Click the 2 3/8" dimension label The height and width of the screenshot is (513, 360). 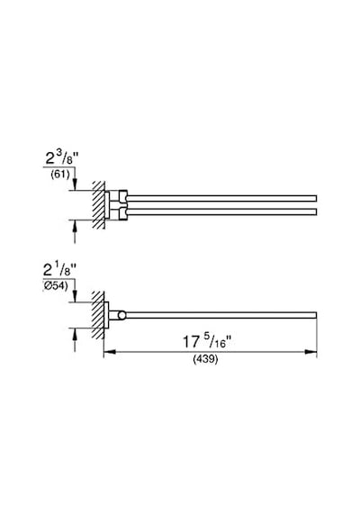tap(62, 158)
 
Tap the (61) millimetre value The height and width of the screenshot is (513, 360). tap(60, 175)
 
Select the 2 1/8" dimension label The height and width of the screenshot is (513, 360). tap(59, 270)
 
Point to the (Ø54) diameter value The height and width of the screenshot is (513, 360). tap(56, 286)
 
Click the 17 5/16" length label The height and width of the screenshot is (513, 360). tap(207, 342)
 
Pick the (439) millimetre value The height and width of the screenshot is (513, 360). tap(205, 359)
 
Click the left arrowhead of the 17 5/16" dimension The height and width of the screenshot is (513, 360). tap(110, 352)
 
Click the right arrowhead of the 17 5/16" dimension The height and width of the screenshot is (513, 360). tap(310, 352)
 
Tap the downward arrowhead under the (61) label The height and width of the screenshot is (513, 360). tap(75, 184)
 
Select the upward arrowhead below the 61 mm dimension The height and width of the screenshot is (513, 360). tap(75, 226)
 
